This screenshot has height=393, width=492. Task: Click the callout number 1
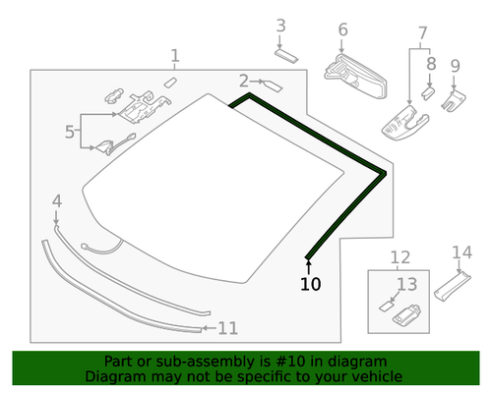175,56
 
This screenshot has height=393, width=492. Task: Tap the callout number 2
243,80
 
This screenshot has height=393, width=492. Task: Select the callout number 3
280,26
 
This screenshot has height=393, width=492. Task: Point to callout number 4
56,201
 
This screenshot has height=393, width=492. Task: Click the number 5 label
70,132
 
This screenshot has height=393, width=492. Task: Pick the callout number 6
342,30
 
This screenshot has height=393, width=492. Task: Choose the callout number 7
422,34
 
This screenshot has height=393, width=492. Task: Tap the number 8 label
430,65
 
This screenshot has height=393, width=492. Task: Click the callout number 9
455,66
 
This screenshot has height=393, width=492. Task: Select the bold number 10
310,285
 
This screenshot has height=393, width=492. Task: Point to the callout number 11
227,328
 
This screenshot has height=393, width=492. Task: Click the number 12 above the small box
400,258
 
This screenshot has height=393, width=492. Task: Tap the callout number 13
406,285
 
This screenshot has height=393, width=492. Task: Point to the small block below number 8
428,89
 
